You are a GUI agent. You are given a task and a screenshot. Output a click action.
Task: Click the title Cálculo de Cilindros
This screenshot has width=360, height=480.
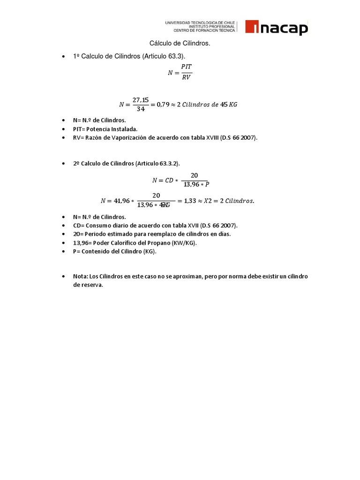tap(180, 43)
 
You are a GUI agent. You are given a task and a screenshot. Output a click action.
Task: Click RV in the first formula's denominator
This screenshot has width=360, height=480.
tap(186, 77)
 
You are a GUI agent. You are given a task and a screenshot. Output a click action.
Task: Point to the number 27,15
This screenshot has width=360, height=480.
tap(140, 100)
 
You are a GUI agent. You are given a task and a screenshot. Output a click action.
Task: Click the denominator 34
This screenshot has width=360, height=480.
tap(140, 109)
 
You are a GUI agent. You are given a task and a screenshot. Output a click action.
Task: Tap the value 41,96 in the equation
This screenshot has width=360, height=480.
tap(121, 201)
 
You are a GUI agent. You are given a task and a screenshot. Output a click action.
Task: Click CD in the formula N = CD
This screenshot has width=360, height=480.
tap(169, 180)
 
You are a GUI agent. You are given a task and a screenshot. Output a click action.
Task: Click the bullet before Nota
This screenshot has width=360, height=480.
tap(63, 277)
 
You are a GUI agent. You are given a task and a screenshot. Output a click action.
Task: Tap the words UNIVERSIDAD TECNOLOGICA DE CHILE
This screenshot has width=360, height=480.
tap(200, 22)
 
